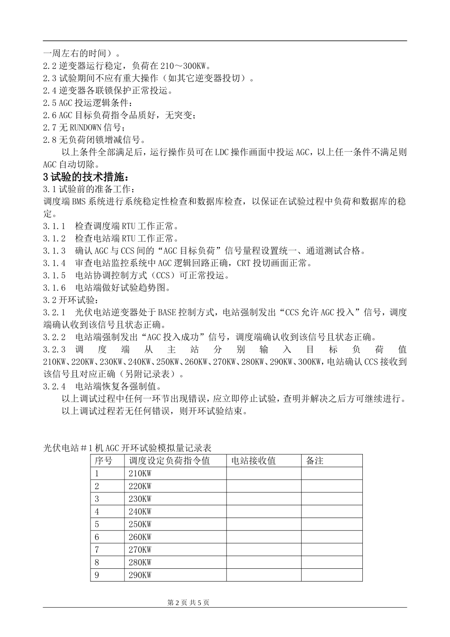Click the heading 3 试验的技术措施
(86, 177)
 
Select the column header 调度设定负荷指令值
(169, 461)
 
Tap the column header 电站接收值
(253, 461)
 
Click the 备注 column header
(315, 461)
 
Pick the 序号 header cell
(103, 461)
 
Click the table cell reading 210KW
(140, 473)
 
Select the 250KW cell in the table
(140, 524)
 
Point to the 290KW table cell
(140, 575)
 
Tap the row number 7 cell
(97, 550)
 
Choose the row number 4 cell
(97, 511)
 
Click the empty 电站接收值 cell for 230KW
(263, 499)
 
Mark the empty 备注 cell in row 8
(332, 563)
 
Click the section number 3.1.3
(54, 251)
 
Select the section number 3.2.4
(54, 386)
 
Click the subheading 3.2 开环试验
(72, 300)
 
